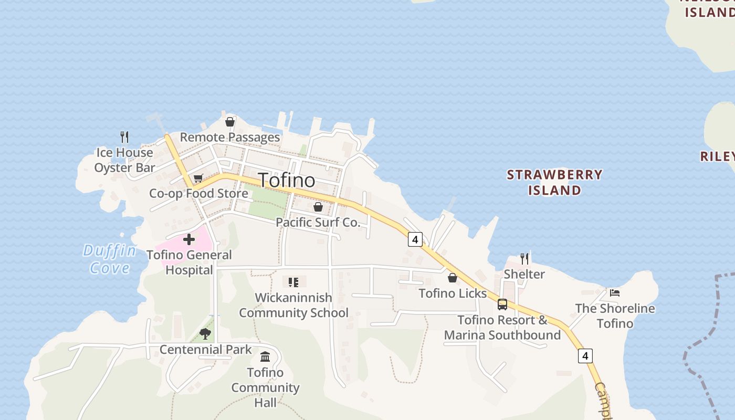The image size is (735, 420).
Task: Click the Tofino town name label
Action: coord(287,180)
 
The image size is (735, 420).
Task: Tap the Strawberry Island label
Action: coord(554,182)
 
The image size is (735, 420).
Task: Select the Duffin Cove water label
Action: coord(110,259)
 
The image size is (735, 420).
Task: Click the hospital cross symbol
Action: coord(189,240)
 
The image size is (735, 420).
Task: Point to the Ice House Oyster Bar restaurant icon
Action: coord(124,137)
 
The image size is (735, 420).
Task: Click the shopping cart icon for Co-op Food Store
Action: coord(198,179)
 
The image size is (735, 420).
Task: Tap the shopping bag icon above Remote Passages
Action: coord(230,122)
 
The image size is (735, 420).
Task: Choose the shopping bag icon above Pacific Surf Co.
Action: coord(318,207)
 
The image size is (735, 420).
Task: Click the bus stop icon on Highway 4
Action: coord(502,304)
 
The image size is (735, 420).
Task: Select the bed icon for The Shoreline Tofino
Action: coord(615,293)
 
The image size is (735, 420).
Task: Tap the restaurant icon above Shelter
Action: coord(524,258)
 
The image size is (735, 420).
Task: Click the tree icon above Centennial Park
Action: coord(205,333)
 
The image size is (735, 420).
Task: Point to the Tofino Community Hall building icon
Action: coord(265,357)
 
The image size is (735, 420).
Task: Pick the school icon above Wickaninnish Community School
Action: coord(293,282)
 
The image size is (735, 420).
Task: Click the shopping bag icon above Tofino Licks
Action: coord(453,278)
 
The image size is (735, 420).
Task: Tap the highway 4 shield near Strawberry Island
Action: coord(415,240)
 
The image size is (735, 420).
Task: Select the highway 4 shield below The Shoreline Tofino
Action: coord(585,356)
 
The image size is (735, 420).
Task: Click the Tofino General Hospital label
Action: coord(189,262)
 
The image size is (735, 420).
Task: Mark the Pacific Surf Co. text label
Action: coord(318,222)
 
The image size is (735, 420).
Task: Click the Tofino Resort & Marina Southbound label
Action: coord(502,328)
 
